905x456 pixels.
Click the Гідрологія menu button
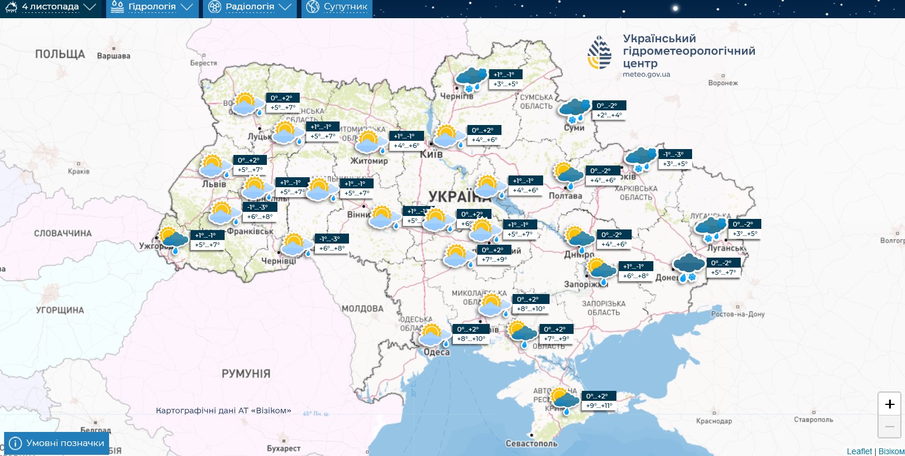tap(151, 8)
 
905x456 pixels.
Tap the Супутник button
tap(337, 8)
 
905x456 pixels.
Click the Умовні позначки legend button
tap(57, 443)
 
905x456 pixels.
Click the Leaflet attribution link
tap(859, 451)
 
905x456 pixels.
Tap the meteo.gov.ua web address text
tap(646, 75)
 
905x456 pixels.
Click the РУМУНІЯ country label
tap(246, 374)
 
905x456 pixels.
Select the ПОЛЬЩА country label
tap(60, 55)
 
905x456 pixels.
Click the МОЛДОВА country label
tap(362, 309)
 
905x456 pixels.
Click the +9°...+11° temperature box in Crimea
tap(599, 406)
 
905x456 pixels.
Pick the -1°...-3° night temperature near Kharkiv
tap(674, 154)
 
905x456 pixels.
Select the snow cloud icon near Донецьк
tap(687, 268)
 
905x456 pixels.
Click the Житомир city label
tap(369, 161)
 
